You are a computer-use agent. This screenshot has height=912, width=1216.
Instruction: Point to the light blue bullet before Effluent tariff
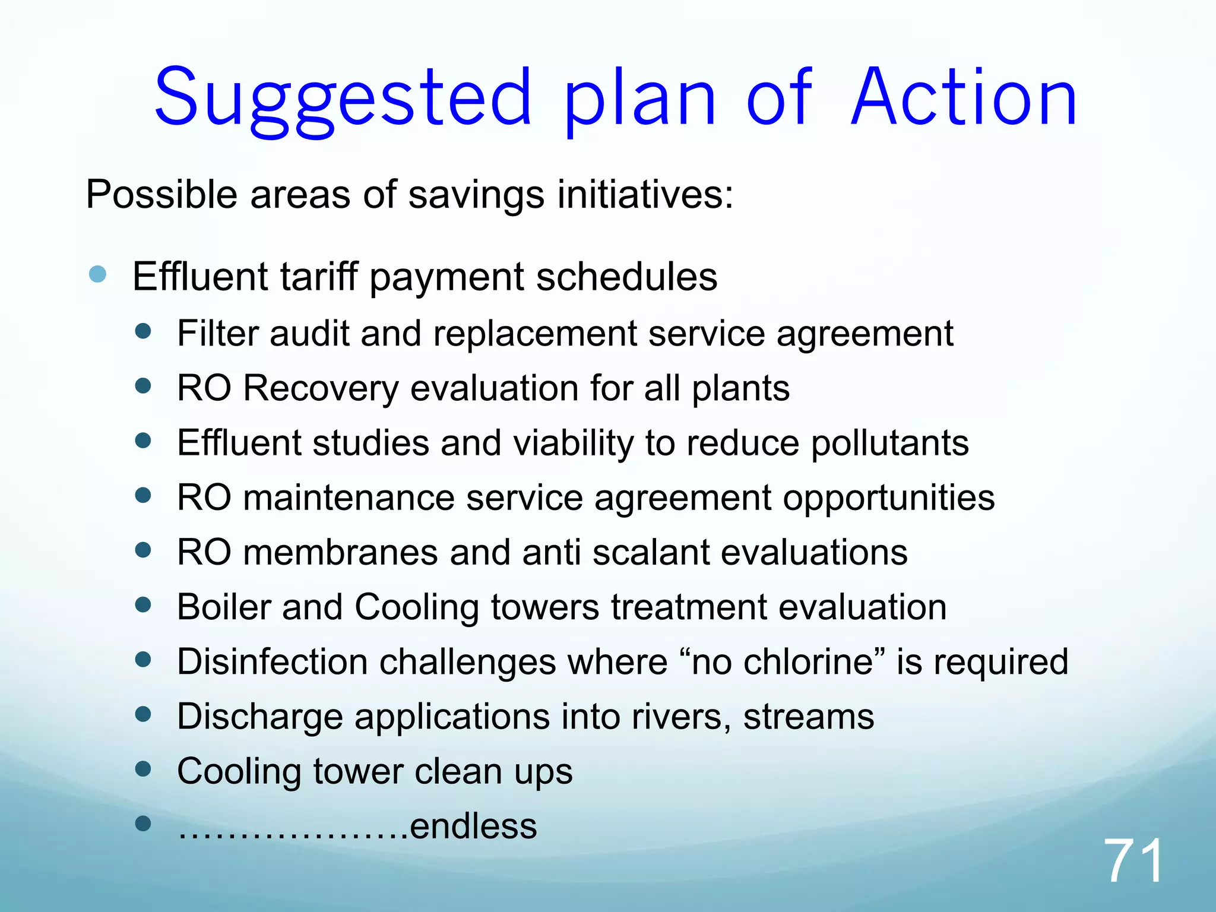[97, 274]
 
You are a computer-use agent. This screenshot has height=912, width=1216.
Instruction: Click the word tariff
[319, 277]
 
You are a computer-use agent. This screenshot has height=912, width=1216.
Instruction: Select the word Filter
[217, 334]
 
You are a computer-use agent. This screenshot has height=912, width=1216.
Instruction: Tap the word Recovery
[321, 389]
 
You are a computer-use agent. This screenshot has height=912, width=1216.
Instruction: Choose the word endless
[473, 826]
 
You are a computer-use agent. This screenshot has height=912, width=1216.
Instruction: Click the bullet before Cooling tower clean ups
[143, 769]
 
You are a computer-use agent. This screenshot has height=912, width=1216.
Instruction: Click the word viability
[573, 444]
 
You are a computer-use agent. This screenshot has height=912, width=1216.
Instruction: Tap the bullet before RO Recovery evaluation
[143, 387]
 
